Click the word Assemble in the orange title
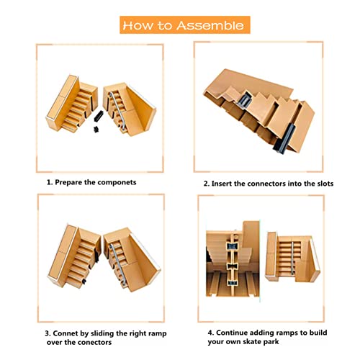point(210,25)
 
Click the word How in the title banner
point(138,25)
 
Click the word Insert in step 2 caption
point(222,184)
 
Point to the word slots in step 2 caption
point(325,184)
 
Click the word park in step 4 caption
point(271,342)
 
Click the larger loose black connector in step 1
point(99,116)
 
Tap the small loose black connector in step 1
point(96,130)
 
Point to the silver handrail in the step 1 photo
point(117,111)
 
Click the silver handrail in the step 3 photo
point(117,264)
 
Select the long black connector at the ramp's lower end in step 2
point(284,139)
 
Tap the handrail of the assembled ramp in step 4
point(292,258)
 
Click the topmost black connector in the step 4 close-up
point(232,246)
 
